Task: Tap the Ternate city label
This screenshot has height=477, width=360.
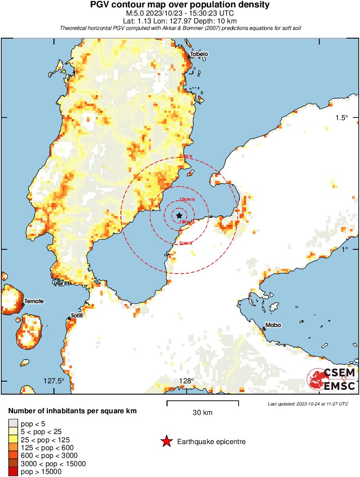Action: click(x=34, y=301)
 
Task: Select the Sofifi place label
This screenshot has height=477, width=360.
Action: click(x=77, y=315)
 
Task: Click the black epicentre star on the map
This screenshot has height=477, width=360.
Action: click(x=179, y=216)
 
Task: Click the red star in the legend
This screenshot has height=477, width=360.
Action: click(x=166, y=442)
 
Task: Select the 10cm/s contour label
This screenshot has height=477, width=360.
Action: click(x=187, y=199)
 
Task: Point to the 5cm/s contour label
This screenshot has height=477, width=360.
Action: click(x=186, y=243)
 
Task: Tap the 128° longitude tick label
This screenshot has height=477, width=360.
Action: click(x=187, y=381)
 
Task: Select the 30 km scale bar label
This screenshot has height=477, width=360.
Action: click(x=202, y=413)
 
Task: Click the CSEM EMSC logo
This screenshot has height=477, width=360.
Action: click(x=331, y=379)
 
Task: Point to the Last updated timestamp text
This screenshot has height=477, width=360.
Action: click(x=308, y=404)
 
